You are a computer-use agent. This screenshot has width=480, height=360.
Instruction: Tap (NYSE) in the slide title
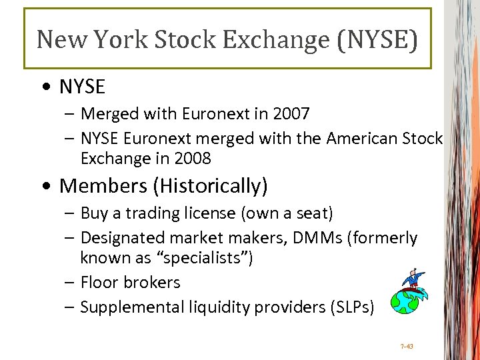pyautogui.click(x=377, y=39)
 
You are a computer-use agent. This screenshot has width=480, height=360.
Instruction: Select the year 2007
pyautogui.click(x=291, y=114)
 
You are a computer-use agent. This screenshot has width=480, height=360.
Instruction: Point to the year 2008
pyautogui.click(x=193, y=159)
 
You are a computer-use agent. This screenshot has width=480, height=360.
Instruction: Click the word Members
pyautogui.click(x=103, y=186)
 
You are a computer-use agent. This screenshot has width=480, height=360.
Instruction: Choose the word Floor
pyautogui.click(x=101, y=283)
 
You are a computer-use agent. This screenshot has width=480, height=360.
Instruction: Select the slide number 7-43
pyautogui.click(x=407, y=347)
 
